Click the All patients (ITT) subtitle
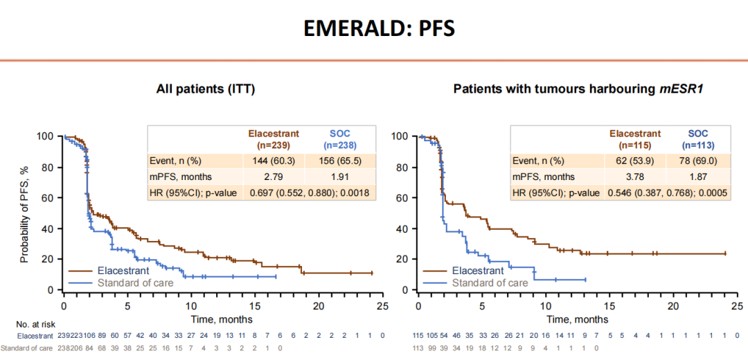point(210,89)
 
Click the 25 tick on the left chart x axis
point(382,305)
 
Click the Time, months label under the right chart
point(578,319)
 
